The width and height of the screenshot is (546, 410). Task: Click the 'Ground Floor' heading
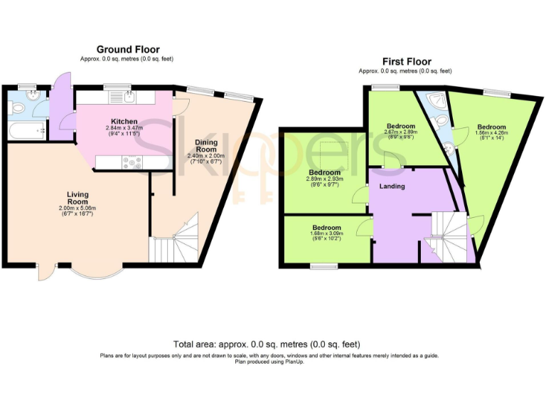(x=128, y=49)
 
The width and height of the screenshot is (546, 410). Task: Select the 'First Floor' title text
(x=406, y=62)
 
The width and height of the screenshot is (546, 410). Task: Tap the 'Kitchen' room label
(x=124, y=121)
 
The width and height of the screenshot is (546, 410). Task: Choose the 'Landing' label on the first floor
(x=392, y=186)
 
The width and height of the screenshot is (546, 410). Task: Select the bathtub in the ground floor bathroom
(x=26, y=130)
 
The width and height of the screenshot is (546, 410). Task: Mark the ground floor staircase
(x=175, y=242)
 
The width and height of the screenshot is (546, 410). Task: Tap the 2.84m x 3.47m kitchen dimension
(x=124, y=128)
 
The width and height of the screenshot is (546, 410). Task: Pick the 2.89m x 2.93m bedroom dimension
(x=324, y=179)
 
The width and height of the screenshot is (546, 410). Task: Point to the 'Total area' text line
(x=273, y=343)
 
